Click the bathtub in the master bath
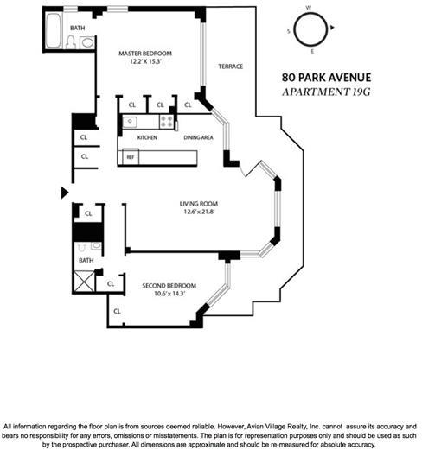pyautogui.click(x=54, y=30)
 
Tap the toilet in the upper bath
pyautogui.click(x=71, y=42)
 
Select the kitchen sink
pyautogui.click(x=130, y=122)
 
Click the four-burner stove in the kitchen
pyautogui.click(x=166, y=122)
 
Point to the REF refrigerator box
pyautogui.click(x=131, y=157)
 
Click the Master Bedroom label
pyautogui.click(x=145, y=54)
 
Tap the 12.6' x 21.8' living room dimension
pyautogui.click(x=199, y=212)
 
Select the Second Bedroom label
pyautogui.click(x=169, y=286)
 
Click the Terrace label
pyautogui.click(x=231, y=67)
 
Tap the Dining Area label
pyautogui.click(x=198, y=137)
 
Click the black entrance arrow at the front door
pyautogui.click(x=65, y=193)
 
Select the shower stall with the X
pyautogui.click(x=85, y=281)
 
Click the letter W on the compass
pyautogui.click(x=309, y=8)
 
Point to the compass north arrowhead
pyautogui.click(x=332, y=28)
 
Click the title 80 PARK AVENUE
pyautogui.click(x=326, y=78)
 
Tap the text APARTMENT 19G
pyautogui.click(x=326, y=92)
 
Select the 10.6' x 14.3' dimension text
pyautogui.click(x=169, y=294)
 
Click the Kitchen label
pyautogui.click(x=147, y=137)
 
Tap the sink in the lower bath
pyautogui.click(x=96, y=245)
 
